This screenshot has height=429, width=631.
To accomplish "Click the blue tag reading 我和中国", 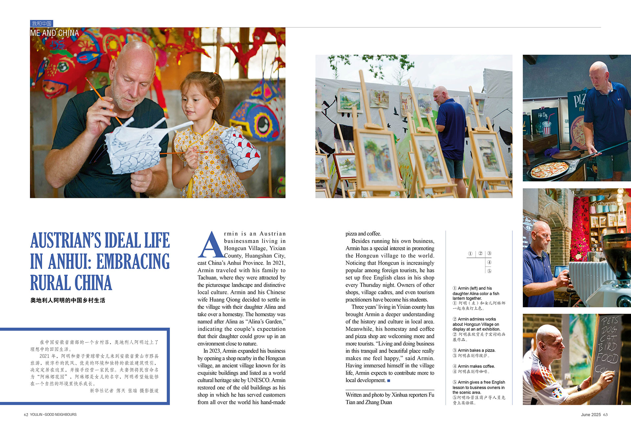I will tap(41, 23).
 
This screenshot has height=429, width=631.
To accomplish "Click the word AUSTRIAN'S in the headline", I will tap(66, 240).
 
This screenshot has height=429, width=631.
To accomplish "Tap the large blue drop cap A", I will tap(210, 245).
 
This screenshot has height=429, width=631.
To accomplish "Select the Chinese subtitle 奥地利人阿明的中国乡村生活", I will tap(68, 300).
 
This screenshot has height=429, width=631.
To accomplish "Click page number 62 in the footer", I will tap(26, 415).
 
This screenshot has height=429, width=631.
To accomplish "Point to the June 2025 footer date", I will tap(591, 415).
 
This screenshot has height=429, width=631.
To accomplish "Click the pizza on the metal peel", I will tap(549, 170).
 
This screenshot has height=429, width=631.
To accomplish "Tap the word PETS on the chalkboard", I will tap(610, 320).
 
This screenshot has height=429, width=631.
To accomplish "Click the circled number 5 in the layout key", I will tap(489, 271).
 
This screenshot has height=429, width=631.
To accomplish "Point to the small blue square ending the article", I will tap(389, 381).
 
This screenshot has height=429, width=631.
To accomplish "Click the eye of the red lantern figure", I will tap(62, 66).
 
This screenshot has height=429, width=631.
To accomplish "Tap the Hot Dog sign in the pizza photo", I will tap(543, 115).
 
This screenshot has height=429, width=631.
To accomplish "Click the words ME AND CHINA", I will tap(55, 33).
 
